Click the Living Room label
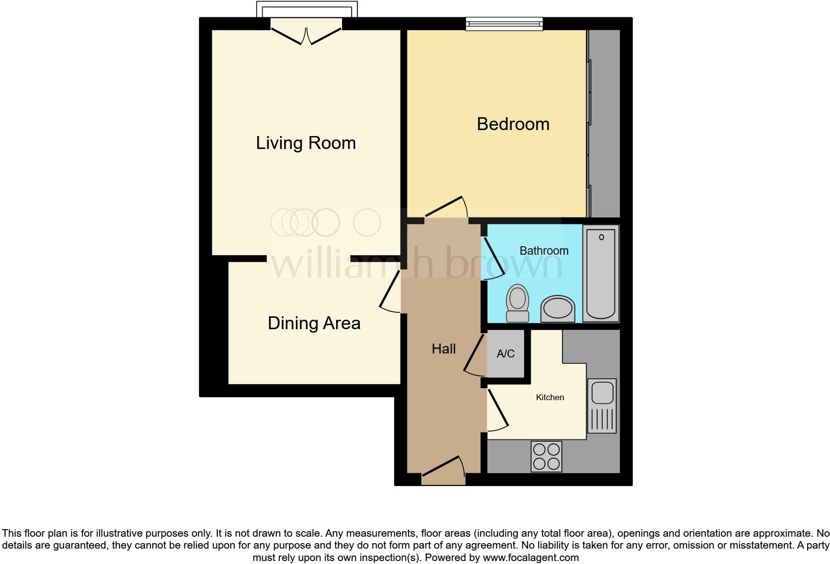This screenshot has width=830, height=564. click(306, 143)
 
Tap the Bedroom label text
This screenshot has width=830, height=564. click(513, 124)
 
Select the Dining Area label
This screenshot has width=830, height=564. click(314, 323)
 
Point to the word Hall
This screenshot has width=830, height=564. click(443, 349)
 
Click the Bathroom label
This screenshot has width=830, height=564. click(544, 251)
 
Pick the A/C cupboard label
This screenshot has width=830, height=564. click(505, 354)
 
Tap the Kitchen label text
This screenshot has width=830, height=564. click(550, 397)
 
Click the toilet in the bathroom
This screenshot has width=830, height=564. click(517, 303)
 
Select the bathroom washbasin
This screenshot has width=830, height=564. click(558, 309)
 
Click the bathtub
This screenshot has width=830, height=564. click(601, 273)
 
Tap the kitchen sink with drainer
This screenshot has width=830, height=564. click(602, 406)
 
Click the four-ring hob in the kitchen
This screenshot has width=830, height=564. click(546, 456)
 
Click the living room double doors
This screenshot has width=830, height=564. click(306, 35)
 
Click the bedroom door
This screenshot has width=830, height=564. click(446, 209)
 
